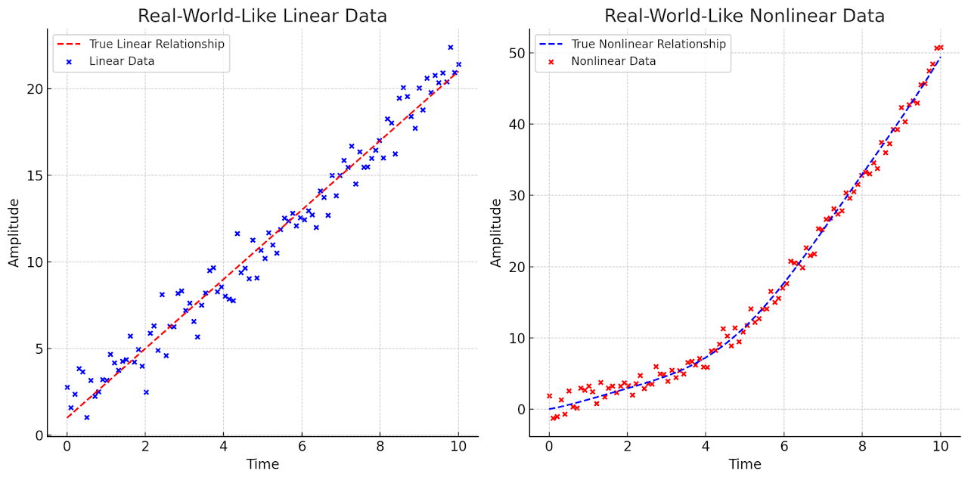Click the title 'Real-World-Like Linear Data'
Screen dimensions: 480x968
(262, 16)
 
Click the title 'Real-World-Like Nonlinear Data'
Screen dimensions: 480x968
(744, 16)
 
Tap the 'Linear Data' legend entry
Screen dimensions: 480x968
(122, 61)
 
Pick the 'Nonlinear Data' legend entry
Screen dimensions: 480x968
(613, 61)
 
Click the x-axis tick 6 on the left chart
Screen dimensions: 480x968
(302, 447)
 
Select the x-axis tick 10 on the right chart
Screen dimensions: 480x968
(941, 447)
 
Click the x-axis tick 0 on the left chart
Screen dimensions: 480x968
(67, 447)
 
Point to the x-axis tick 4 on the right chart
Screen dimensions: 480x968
(706, 447)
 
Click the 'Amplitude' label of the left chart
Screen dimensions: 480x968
(14, 233)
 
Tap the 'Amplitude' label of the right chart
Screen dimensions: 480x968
(496, 233)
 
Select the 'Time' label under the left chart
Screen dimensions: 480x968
(262, 464)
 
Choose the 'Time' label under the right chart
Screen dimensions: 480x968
(745, 464)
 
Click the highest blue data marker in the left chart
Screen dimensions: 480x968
(450, 48)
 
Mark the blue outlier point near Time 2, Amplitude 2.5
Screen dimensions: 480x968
(146, 392)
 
